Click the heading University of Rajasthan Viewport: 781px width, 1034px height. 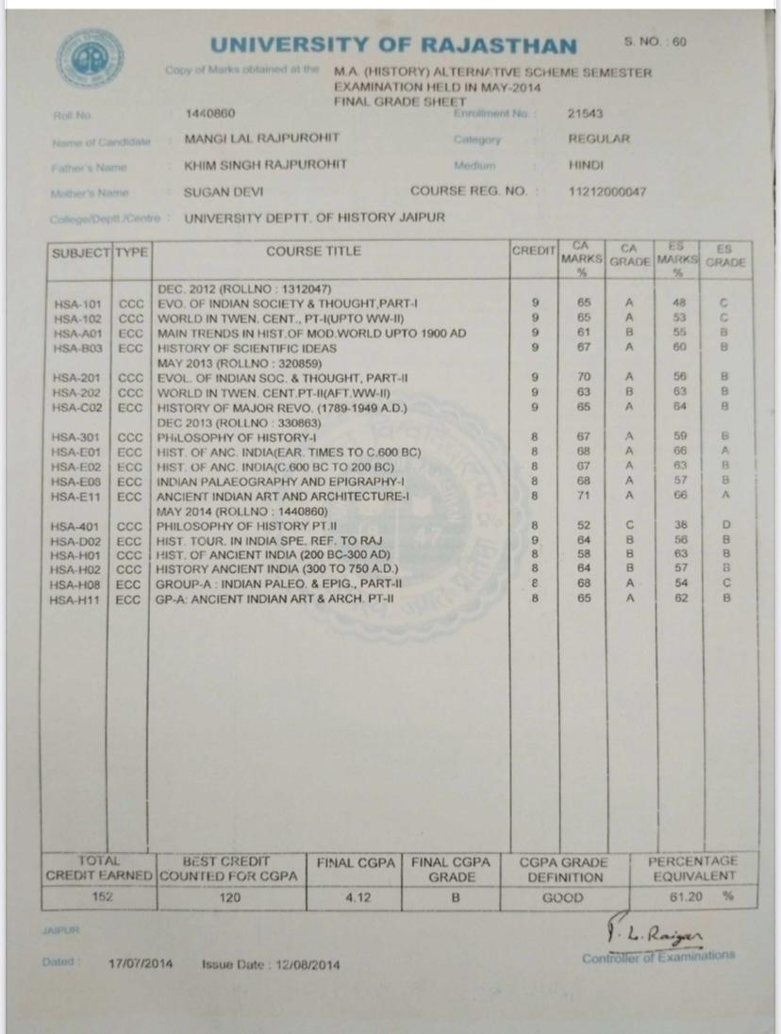[x=392, y=44]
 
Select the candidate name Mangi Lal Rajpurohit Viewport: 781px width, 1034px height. [x=261, y=139]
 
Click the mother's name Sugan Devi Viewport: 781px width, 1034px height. [x=225, y=191]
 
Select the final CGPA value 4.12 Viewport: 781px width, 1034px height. [x=357, y=897]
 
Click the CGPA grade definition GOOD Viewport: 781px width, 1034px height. [x=563, y=897]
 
